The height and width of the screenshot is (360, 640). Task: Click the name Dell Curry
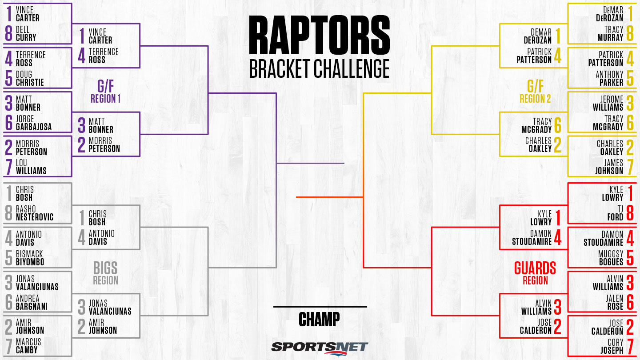26,34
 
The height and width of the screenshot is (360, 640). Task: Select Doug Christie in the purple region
30,79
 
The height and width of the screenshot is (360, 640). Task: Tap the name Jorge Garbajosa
34,123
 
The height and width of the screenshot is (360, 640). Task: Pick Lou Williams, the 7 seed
31,167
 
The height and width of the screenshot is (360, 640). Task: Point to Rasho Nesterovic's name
35,213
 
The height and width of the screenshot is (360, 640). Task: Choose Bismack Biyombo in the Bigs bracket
30,258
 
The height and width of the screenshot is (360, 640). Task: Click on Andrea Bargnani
32,303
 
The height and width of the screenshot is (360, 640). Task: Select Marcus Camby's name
28,346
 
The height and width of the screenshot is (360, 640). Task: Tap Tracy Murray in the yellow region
610,34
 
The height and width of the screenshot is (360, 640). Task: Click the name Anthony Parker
609,79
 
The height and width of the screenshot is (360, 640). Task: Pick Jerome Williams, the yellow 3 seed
608,104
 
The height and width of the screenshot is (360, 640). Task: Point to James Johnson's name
609,167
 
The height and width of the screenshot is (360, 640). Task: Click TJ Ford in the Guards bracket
616,213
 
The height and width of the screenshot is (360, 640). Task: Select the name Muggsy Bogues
611,258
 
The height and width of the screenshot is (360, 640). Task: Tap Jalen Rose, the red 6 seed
615,303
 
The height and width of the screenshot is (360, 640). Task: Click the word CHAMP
319,319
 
